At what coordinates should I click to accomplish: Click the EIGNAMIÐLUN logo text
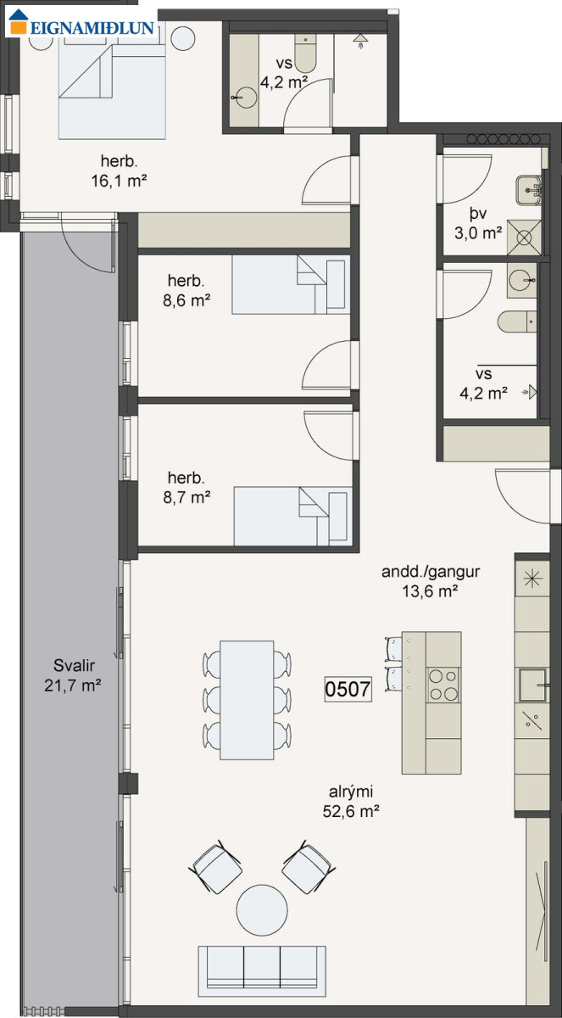pos(92,28)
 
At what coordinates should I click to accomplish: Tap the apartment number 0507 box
pos(348,689)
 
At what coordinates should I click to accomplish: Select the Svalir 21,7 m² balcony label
pos(73,675)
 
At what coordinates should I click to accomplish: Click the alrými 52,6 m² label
pos(351,801)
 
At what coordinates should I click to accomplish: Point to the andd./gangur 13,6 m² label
pos(431,581)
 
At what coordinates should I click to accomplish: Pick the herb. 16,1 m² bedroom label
pos(119,171)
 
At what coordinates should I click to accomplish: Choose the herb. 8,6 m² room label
pos(186,290)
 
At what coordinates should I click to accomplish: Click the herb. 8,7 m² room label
pos(186,488)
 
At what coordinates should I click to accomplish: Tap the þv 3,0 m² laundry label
pos(478,223)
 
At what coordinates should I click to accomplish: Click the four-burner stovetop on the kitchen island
pos(443,685)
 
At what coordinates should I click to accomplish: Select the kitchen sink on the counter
pos(533,685)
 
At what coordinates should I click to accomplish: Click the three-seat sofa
pos(262,971)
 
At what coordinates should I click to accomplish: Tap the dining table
pos(247,700)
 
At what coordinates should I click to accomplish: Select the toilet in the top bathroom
pos(305,53)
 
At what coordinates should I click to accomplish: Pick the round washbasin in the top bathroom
pos(246,98)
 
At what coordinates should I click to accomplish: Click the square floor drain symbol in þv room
pos(524,238)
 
